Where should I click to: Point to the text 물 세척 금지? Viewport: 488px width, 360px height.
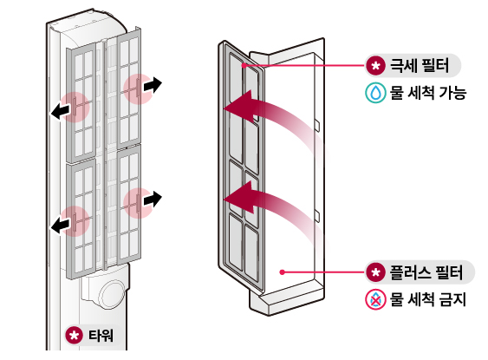[428, 300]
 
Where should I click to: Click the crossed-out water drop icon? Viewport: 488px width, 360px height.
[374, 300]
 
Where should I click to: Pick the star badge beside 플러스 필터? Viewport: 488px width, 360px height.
[374, 272]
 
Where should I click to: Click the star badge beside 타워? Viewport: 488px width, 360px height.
[75, 335]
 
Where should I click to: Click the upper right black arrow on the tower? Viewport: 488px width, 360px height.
[153, 84]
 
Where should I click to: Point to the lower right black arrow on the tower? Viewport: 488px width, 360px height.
[153, 199]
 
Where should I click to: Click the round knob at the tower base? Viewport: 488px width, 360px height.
[112, 295]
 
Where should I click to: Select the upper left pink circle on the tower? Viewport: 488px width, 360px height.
[76, 106]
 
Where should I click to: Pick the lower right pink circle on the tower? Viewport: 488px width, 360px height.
[137, 203]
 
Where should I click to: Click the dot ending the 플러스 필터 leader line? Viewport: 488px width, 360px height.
[283, 272]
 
